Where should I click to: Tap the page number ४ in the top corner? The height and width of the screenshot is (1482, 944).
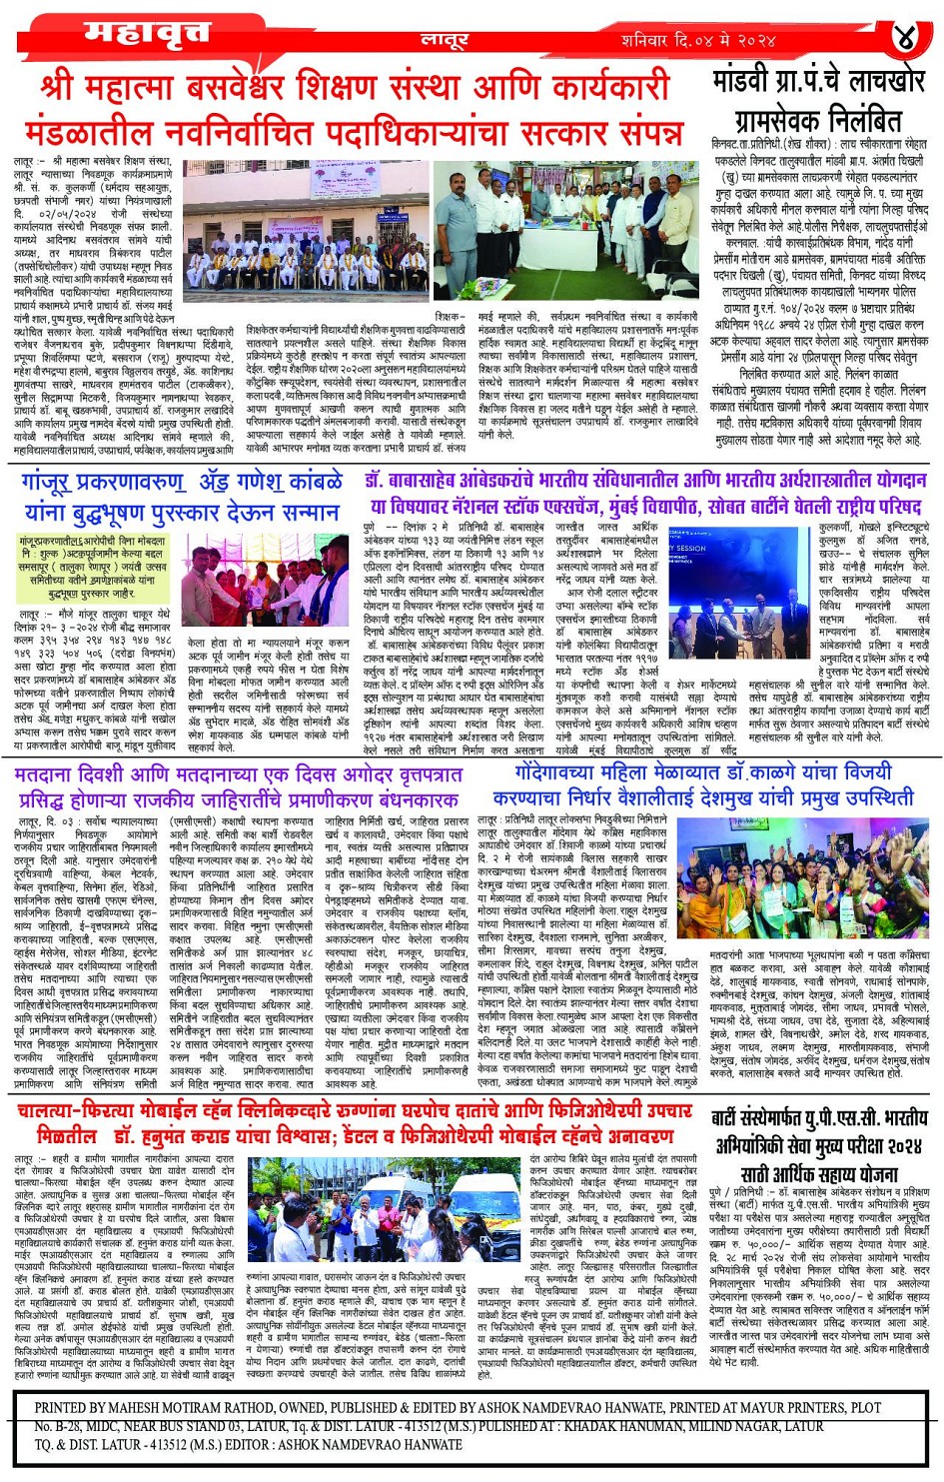pyautogui.click(x=903, y=38)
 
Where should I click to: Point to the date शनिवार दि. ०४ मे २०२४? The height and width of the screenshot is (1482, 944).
pyautogui.click(x=697, y=40)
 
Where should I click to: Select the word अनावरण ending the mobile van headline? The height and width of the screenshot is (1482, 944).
pyautogui.click(x=641, y=1136)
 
